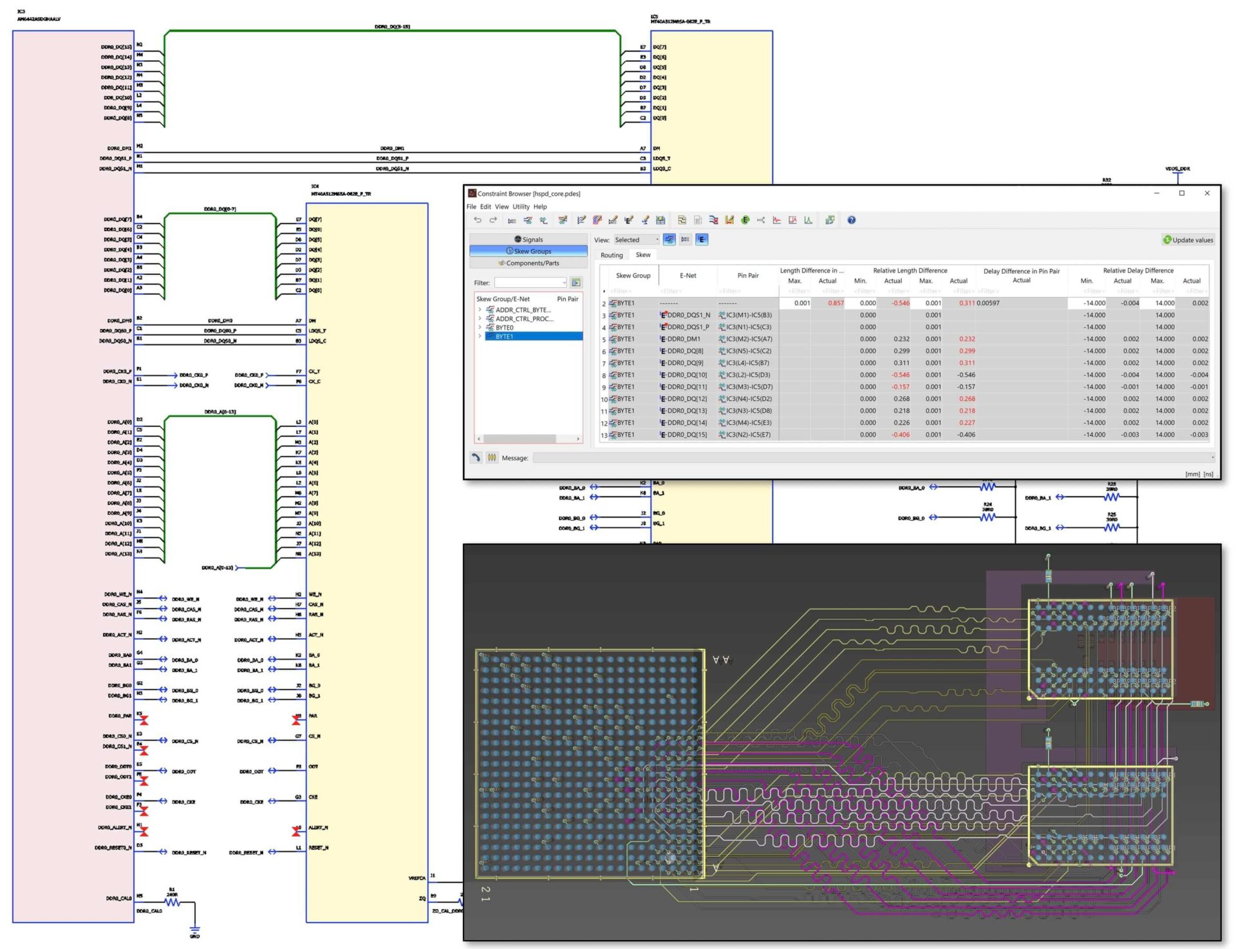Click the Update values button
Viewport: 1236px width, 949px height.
coord(1188,240)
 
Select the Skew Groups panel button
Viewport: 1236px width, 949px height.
coord(529,251)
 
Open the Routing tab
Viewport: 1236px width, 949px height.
coord(611,255)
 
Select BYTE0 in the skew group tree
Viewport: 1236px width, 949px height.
coord(504,328)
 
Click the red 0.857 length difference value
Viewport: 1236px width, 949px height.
coord(835,303)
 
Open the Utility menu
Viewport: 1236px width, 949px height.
coord(520,207)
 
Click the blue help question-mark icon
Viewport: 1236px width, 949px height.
coord(851,220)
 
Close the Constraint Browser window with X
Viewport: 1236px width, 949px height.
coord(1206,193)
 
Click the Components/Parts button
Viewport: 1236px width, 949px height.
coord(529,263)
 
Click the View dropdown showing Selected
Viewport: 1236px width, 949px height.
coord(635,240)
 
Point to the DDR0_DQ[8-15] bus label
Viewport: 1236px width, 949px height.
coord(392,26)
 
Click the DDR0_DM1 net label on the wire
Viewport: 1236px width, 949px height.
coord(392,148)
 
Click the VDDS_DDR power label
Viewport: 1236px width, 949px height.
coord(1177,169)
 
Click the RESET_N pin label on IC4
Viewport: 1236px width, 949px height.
coord(318,847)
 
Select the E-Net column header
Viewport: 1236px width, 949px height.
coord(688,276)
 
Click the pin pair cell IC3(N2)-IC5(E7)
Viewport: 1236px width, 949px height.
coord(748,435)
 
